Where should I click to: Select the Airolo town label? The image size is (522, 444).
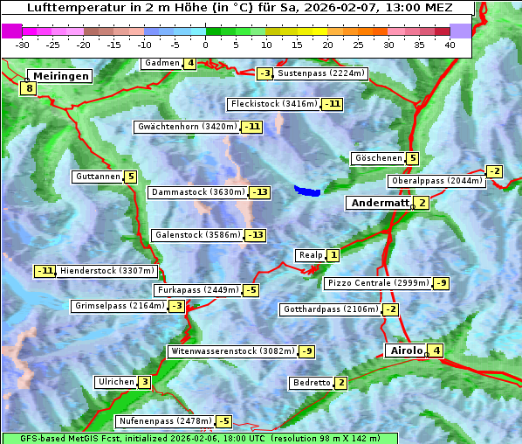click(406, 350)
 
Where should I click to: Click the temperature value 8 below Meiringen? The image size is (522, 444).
click(29, 88)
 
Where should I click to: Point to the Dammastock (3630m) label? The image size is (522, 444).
click(197, 192)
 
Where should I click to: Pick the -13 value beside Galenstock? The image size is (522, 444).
click(255, 235)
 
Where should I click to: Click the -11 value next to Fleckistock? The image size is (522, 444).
click(332, 104)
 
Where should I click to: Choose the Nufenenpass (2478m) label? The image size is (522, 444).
click(165, 421)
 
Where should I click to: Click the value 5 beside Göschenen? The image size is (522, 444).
click(412, 158)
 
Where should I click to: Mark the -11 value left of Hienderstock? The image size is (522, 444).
click(45, 271)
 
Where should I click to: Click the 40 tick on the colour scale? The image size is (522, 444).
click(450, 45)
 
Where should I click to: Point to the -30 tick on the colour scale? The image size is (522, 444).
click(23, 45)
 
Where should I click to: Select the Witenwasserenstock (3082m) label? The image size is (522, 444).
click(232, 351)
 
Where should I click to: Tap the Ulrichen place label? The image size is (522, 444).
click(116, 382)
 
